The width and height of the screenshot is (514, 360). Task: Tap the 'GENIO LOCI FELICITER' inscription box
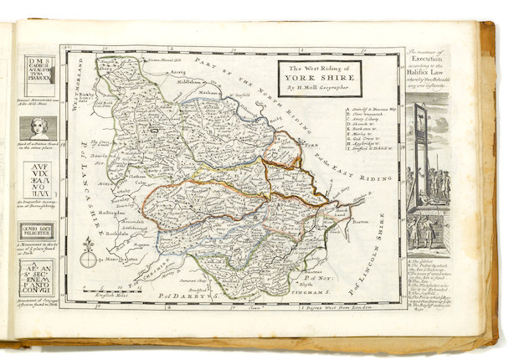(39, 231)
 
